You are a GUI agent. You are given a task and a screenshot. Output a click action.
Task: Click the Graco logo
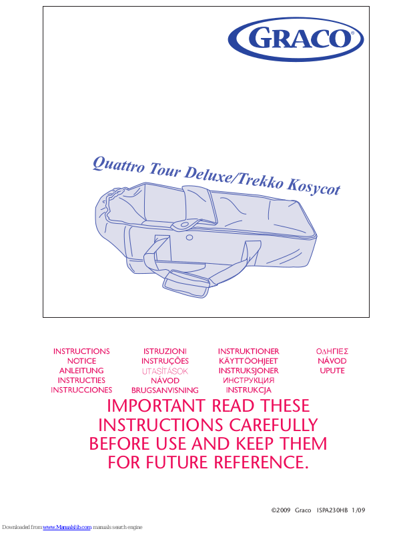point(297,38)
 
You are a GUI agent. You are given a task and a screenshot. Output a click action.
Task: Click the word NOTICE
point(81,360)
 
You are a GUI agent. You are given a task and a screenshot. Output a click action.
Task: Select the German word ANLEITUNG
point(81,370)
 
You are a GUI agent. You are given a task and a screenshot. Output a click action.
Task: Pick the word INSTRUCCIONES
point(81,390)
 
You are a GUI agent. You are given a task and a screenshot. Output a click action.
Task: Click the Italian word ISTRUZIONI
point(165,351)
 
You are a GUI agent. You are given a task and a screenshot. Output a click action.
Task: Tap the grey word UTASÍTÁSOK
point(165,370)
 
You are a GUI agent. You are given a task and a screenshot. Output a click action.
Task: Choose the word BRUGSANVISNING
point(165,390)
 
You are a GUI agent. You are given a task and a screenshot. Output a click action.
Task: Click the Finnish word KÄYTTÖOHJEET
point(248,360)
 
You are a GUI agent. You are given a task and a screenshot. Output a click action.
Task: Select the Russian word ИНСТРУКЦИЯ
point(248,380)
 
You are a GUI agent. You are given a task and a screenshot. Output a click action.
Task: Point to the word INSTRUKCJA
point(248,390)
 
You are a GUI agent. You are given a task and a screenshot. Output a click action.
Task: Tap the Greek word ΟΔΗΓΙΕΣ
point(332,351)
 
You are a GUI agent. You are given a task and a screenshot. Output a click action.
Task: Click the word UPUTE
point(332,370)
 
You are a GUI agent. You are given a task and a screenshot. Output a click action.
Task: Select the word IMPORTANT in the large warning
point(155,406)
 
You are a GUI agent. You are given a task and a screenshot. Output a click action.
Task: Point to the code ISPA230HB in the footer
point(333,510)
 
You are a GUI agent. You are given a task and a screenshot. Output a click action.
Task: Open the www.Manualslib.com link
point(67,527)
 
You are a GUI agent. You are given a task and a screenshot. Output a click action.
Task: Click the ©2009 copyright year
point(280,510)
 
